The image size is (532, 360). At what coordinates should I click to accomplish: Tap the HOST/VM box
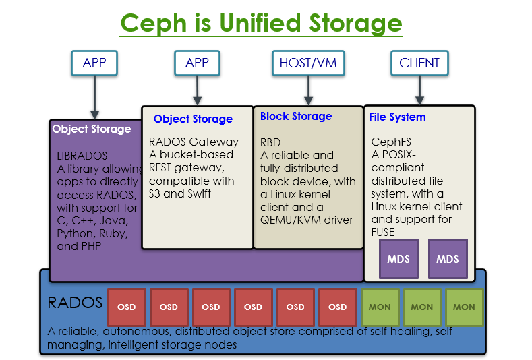[308, 63]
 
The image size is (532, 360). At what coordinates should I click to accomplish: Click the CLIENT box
[419, 63]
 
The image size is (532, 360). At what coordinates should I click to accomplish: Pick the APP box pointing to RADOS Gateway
[197, 63]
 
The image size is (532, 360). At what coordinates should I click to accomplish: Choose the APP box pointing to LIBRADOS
[94, 63]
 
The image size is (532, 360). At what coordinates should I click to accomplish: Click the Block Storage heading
[296, 116]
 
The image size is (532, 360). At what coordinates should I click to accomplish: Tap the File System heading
[397, 117]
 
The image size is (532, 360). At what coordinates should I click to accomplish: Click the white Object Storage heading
[92, 129]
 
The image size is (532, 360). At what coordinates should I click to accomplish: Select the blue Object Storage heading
[193, 119]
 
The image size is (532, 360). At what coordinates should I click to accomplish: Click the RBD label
[270, 143]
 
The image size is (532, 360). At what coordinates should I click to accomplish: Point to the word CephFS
[391, 142]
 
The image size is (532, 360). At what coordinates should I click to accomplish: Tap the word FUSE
[383, 232]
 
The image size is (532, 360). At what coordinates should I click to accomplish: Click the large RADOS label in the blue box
[75, 302]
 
